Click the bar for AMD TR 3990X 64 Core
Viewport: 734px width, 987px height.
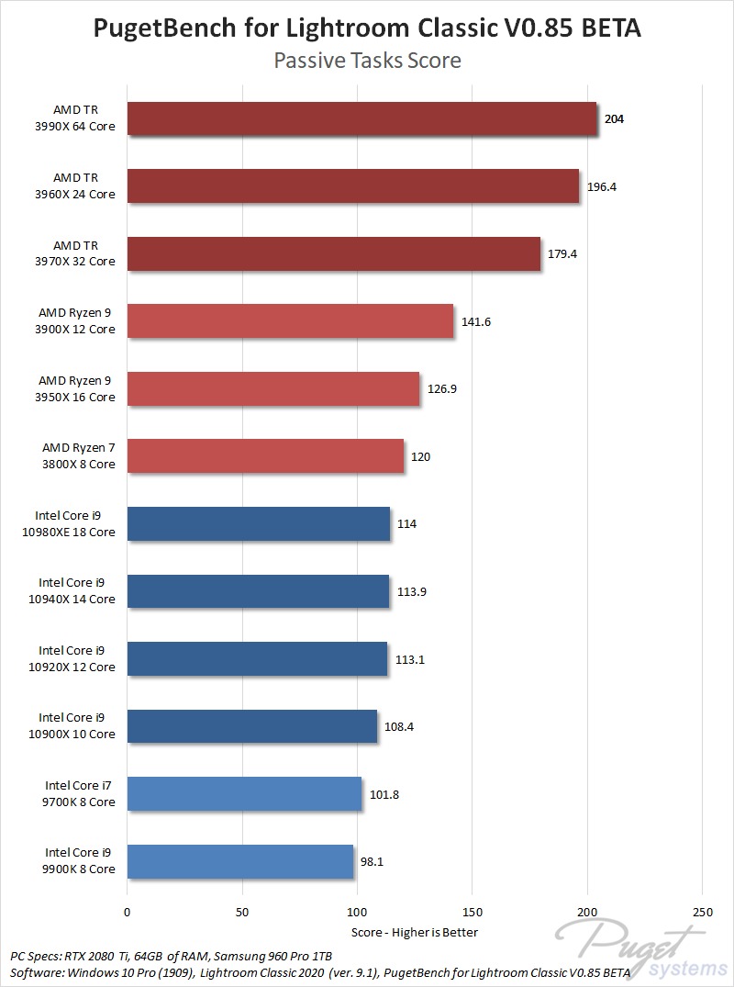[361, 118]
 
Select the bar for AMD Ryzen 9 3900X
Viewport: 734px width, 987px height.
[290, 321]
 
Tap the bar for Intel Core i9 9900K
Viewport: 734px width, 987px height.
[240, 861]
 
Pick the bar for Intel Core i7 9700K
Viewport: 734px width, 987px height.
[244, 793]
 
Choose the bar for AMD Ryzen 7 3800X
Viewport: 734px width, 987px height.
[265, 456]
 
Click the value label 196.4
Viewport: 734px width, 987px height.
[601, 186]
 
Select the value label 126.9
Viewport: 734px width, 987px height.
[442, 388]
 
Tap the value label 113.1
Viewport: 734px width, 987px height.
[410, 659]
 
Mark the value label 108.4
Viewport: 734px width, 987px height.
[399, 726]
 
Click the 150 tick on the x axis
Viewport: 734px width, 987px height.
[472, 914]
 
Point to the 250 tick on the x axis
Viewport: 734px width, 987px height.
[701, 914]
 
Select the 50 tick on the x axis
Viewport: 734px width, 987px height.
[241, 914]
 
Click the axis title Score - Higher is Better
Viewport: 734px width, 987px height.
[415, 932]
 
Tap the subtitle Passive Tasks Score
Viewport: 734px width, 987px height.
[367, 62]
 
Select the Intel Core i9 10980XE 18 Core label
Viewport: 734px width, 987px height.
[77, 523]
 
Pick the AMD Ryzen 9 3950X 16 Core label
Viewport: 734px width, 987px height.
[77, 388]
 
